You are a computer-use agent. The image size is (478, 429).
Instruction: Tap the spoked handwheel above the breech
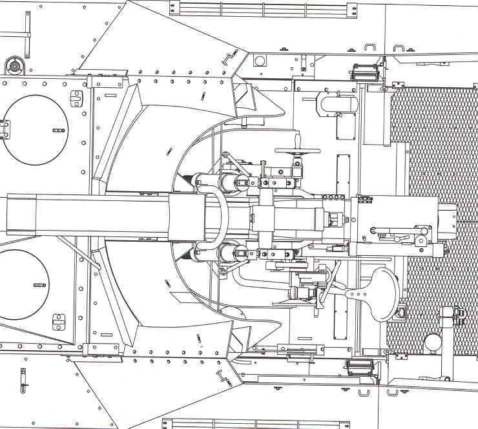coord(298,152)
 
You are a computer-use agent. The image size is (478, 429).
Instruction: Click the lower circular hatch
coord(23,284)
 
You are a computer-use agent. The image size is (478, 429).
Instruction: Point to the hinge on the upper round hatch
coord(5,129)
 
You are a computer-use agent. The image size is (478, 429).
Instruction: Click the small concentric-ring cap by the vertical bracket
coord(13,65)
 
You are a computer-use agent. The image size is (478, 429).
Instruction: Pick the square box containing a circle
coord(260,61)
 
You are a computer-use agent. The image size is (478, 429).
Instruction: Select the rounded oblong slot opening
coord(337,103)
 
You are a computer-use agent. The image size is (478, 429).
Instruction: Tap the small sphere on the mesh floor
coord(433,340)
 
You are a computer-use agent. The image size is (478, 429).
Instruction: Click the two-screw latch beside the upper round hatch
coord(76,99)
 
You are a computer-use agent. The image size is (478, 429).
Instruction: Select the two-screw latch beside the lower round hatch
coord(59,320)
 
